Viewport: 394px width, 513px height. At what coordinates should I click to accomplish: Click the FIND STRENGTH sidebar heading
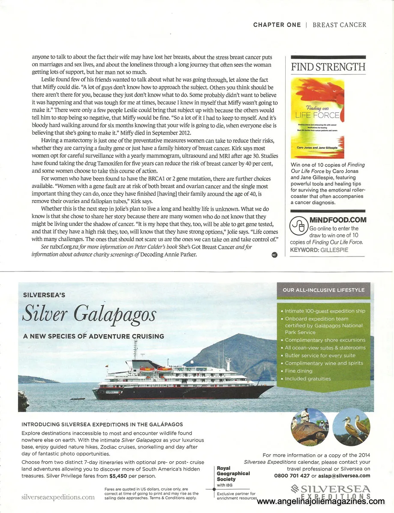pyautogui.click(x=328, y=67)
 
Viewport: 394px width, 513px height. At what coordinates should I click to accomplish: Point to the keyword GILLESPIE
pyautogui.click(x=342, y=250)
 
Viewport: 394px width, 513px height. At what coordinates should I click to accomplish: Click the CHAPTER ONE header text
pyautogui.click(x=277, y=25)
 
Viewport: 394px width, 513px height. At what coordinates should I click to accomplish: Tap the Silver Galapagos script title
pyautogui.click(x=89, y=314)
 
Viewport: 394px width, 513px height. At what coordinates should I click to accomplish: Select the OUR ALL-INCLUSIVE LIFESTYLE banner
pyautogui.click(x=323, y=290)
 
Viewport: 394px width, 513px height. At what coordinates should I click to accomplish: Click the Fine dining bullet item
pyautogui.click(x=298, y=371)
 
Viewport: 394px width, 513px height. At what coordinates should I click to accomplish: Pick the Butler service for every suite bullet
pyautogui.click(x=320, y=355)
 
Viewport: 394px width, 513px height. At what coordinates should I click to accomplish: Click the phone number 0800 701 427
pyautogui.click(x=292, y=475)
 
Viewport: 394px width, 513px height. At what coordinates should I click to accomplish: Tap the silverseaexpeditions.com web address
pyautogui.click(x=58, y=497)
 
